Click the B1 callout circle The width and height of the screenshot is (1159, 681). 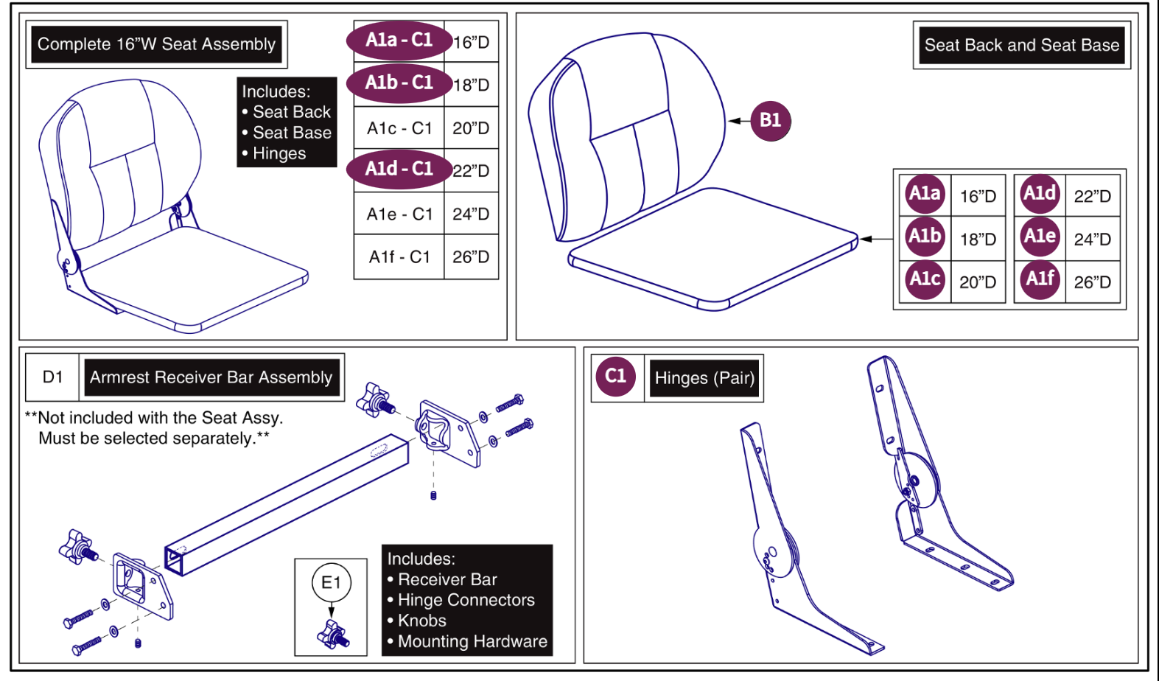tap(770, 120)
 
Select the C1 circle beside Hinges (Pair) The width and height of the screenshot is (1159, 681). tap(615, 377)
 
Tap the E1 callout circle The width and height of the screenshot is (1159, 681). tap(331, 583)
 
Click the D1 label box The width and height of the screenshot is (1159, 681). tap(52, 377)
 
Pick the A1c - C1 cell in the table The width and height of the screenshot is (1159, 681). tap(399, 128)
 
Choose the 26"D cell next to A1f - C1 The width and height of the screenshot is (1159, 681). tap(471, 257)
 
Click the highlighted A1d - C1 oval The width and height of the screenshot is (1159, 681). tap(399, 169)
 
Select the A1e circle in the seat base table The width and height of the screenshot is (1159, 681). tap(1040, 237)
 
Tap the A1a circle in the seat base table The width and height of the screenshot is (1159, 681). tap(925, 194)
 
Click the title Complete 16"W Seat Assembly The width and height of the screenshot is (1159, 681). tap(156, 44)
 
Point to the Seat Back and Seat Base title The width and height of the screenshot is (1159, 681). tap(1021, 45)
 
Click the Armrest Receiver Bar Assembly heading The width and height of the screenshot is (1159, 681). tap(211, 377)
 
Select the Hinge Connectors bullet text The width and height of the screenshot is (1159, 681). tap(466, 600)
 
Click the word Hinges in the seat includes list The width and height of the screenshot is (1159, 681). tap(279, 153)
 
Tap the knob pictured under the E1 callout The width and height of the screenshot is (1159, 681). tap(333, 633)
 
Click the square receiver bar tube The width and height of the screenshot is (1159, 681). tap(287, 505)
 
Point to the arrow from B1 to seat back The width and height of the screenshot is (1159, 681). tap(737, 121)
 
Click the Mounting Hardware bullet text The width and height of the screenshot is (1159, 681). tap(472, 641)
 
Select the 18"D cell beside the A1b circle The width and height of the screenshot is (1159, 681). tap(978, 240)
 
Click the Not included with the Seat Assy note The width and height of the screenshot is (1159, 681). tap(154, 427)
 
